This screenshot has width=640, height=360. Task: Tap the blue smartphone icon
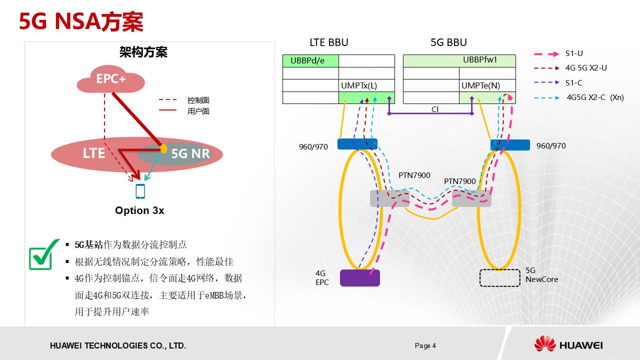[140, 191]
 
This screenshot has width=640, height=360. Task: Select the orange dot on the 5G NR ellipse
[163, 148]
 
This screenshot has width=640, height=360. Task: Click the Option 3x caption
[139, 210]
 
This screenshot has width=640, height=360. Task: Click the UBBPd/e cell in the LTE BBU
[310, 61]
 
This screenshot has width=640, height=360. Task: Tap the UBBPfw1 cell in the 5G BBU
[459, 60]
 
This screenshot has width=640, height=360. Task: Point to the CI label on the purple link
[435, 109]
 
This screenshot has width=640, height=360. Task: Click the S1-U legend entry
[574, 53]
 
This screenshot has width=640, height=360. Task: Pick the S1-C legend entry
[573, 83]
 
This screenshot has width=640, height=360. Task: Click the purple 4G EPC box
[359, 278]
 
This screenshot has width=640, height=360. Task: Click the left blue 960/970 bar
[357, 144]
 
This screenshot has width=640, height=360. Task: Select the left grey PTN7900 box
[389, 198]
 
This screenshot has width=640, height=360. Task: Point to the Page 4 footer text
[425, 345]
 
